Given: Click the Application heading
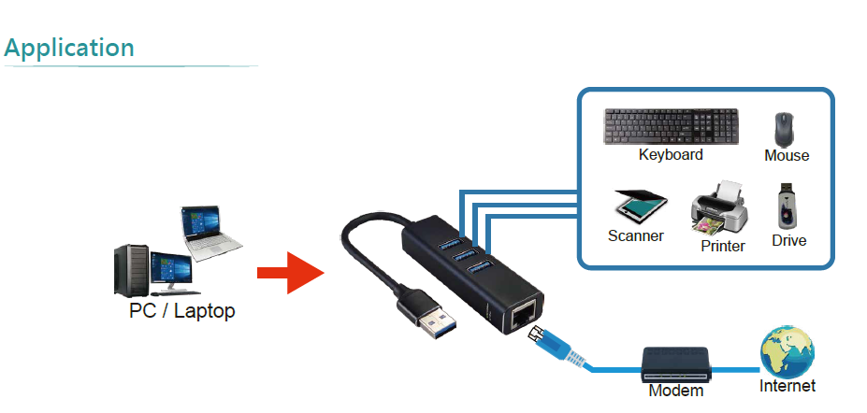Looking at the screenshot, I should [x=69, y=48].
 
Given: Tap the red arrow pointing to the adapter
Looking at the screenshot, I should [x=289, y=273].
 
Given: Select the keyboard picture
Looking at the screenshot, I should [x=670, y=126].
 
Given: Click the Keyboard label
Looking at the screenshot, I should [x=671, y=155].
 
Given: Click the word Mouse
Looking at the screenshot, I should [x=787, y=156].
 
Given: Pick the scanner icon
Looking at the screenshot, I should [x=639, y=206].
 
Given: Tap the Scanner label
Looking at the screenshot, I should [x=636, y=235].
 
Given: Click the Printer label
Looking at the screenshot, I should [x=723, y=247].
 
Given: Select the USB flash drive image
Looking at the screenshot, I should [x=788, y=206].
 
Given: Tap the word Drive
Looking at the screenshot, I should [x=789, y=241].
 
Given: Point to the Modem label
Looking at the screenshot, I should [x=676, y=392].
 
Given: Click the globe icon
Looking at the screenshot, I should [x=787, y=351].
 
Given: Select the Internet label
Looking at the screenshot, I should [x=788, y=386].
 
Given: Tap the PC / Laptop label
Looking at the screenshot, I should [x=181, y=311].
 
